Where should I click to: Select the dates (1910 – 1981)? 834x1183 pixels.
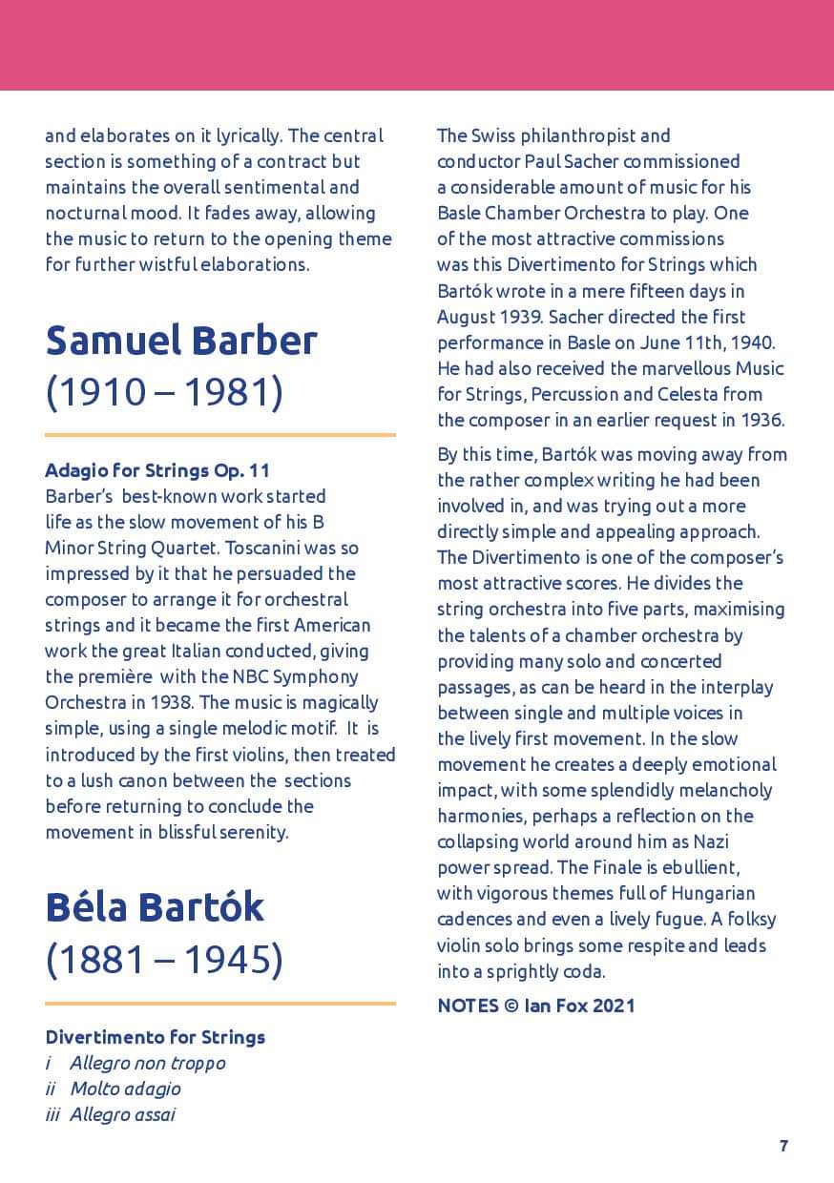pyautogui.click(x=164, y=392)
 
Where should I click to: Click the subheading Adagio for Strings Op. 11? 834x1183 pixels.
pyautogui.click(x=157, y=470)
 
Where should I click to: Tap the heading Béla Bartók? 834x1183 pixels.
pyautogui.click(x=155, y=907)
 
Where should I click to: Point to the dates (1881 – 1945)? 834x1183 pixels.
pyautogui.click(x=164, y=960)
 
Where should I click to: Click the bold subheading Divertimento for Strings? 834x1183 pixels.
pyautogui.click(x=155, y=1037)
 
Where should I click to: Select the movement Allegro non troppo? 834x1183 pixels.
pyautogui.click(x=147, y=1063)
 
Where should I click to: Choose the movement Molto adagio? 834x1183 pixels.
pyautogui.click(x=125, y=1089)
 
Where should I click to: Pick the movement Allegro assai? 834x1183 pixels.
pyautogui.click(x=122, y=1114)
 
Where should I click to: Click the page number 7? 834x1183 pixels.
pyautogui.click(x=783, y=1146)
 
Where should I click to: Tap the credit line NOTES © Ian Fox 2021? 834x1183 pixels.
pyautogui.click(x=535, y=1006)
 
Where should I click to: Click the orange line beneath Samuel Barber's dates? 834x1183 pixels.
pyautogui.click(x=219, y=435)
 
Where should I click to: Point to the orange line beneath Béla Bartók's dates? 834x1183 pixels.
pyautogui.click(x=219, y=1004)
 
